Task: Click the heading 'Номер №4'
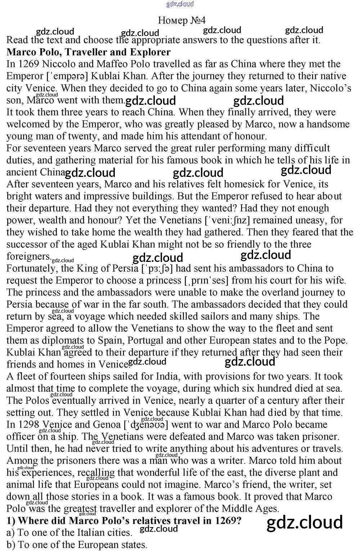[181, 20]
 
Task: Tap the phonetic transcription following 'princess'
[208, 280]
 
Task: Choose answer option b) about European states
[77, 545]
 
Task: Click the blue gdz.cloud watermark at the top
[180, 4]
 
